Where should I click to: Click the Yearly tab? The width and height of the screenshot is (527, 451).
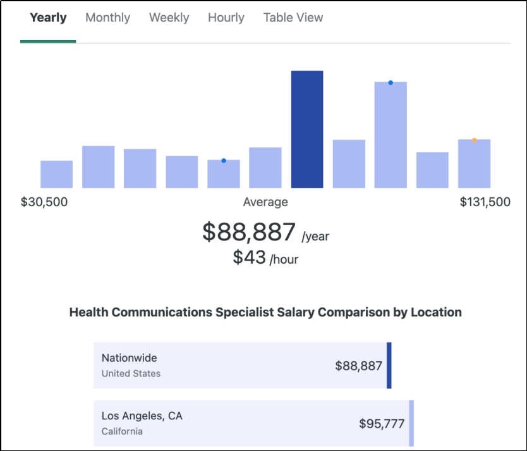coord(48,18)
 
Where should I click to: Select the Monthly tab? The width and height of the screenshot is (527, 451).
coord(107,18)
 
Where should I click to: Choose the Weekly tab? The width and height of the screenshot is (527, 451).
coord(169,18)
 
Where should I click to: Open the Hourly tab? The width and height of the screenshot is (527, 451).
coord(226,18)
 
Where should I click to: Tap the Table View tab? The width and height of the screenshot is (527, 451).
coord(293,18)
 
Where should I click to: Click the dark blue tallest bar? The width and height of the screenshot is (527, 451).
coord(307,129)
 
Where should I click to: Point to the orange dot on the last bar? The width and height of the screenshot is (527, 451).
coord(474,140)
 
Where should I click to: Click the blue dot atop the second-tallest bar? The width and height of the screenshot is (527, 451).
coord(391,83)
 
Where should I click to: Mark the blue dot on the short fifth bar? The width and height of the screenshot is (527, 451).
coord(224,161)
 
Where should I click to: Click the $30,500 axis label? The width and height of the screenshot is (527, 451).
coord(44,202)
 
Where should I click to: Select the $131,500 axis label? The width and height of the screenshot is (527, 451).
coord(485,202)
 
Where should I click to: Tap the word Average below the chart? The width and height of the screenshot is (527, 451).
coord(265,202)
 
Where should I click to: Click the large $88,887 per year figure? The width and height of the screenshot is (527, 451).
coord(249,232)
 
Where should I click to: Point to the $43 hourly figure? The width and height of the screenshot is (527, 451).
coord(250,257)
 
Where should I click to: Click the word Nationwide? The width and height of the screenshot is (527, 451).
coord(129,358)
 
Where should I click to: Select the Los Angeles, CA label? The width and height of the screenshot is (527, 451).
coord(142,416)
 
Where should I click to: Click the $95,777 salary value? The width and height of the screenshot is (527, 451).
coord(382,424)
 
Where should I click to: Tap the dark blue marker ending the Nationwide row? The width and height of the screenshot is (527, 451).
coord(389,365)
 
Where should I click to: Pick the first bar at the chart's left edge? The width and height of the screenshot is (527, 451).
coord(57,174)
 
